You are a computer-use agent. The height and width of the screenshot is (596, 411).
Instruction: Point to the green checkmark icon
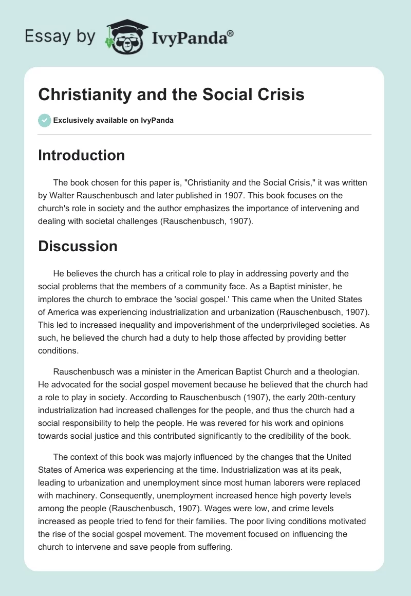(44, 120)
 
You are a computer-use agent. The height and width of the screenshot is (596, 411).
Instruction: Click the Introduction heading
(81, 155)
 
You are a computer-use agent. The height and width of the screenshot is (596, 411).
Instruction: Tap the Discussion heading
(78, 246)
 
